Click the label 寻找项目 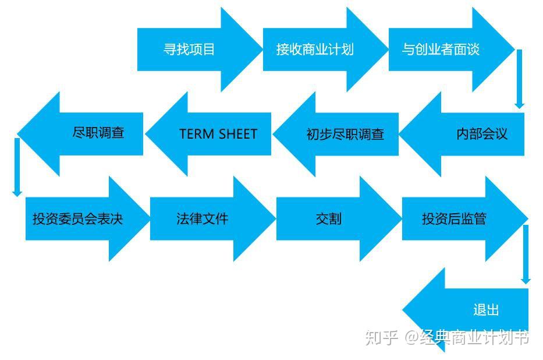click(x=189, y=50)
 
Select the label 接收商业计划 click(x=315, y=50)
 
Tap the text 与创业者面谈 click(x=441, y=50)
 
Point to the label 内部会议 click(x=482, y=134)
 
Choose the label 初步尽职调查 click(x=345, y=135)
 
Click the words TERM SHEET click(x=218, y=134)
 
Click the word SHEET click(x=237, y=134)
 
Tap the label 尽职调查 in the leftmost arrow click(x=98, y=133)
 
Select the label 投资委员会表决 click(x=77, y=219)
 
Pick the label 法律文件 click(x=203, y=219)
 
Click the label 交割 click(x=329, y=219)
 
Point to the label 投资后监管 click(x=454, y=219)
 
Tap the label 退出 click(x=486, y=310)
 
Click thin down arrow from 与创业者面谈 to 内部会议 click(x=519, y=79)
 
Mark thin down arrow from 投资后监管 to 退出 click(x=526, y=254)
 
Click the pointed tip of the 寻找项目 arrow click(x=261, y=50)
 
